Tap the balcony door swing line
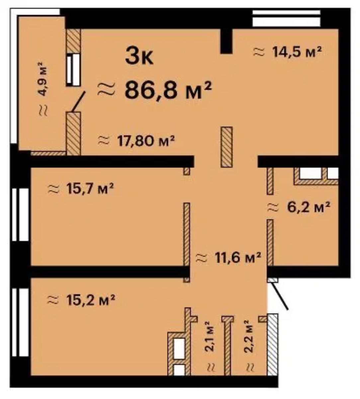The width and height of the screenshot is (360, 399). click(78, 102)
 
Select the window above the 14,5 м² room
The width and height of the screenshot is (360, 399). click(286, 19)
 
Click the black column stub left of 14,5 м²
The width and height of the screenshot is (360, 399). click(226, 41)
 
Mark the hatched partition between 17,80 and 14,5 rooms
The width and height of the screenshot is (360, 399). click(227, 147)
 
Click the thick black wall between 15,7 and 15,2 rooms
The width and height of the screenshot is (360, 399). click(109, 271)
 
